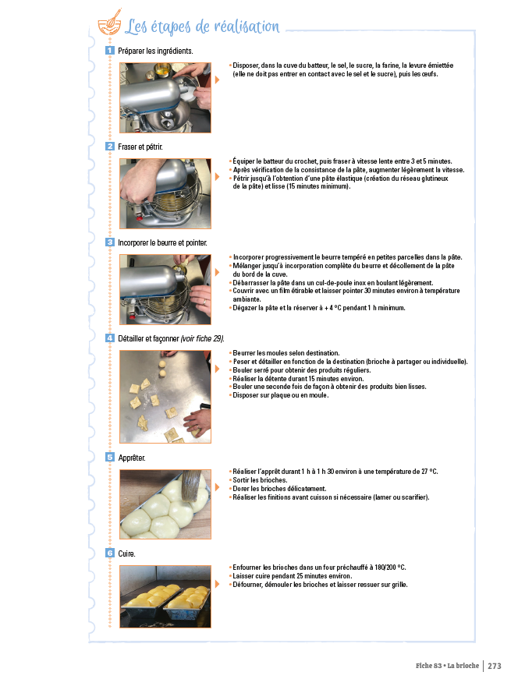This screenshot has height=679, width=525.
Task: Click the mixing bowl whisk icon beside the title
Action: pyautogui.click(x=109, y=23)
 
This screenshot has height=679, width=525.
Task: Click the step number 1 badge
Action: pyautogui.click(x=109, y=51)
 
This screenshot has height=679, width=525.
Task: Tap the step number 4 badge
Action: pyautogui.click(x=109, y=338)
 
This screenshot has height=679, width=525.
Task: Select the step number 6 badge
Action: pyautogui.click(x=109, y=553)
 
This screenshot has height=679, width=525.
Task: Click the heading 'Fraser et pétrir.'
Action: pyautogui.click(x=140, y=147)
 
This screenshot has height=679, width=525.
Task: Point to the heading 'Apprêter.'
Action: pyautogui.click(x=132, y=458)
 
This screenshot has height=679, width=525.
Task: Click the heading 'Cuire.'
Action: pyautogui.click(x=126, y=553)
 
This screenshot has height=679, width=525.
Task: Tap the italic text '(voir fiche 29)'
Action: pyautogui.click(x=202, y=338)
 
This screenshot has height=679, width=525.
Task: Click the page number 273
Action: pyautogui.click(x=495, y=666)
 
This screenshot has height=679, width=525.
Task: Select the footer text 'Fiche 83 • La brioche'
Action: pyautogui.click(x=447, y=666)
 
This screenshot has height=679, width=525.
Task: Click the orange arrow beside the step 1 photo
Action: pyautogui.click(x=218, y=80)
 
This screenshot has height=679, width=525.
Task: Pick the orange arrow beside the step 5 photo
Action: pyautogui.click(x=218, y=487)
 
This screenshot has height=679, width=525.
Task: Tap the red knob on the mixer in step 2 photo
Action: pyautogui.click(x=140, y=217)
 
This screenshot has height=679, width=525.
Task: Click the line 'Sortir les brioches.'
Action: pyautogui.click(x=260, y=479)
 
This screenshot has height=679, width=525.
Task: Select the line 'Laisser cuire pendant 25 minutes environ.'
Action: pyautogui.click(x=292, y=576)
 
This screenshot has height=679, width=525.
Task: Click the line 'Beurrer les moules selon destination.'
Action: pyautogui.click(x=286, y=353)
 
